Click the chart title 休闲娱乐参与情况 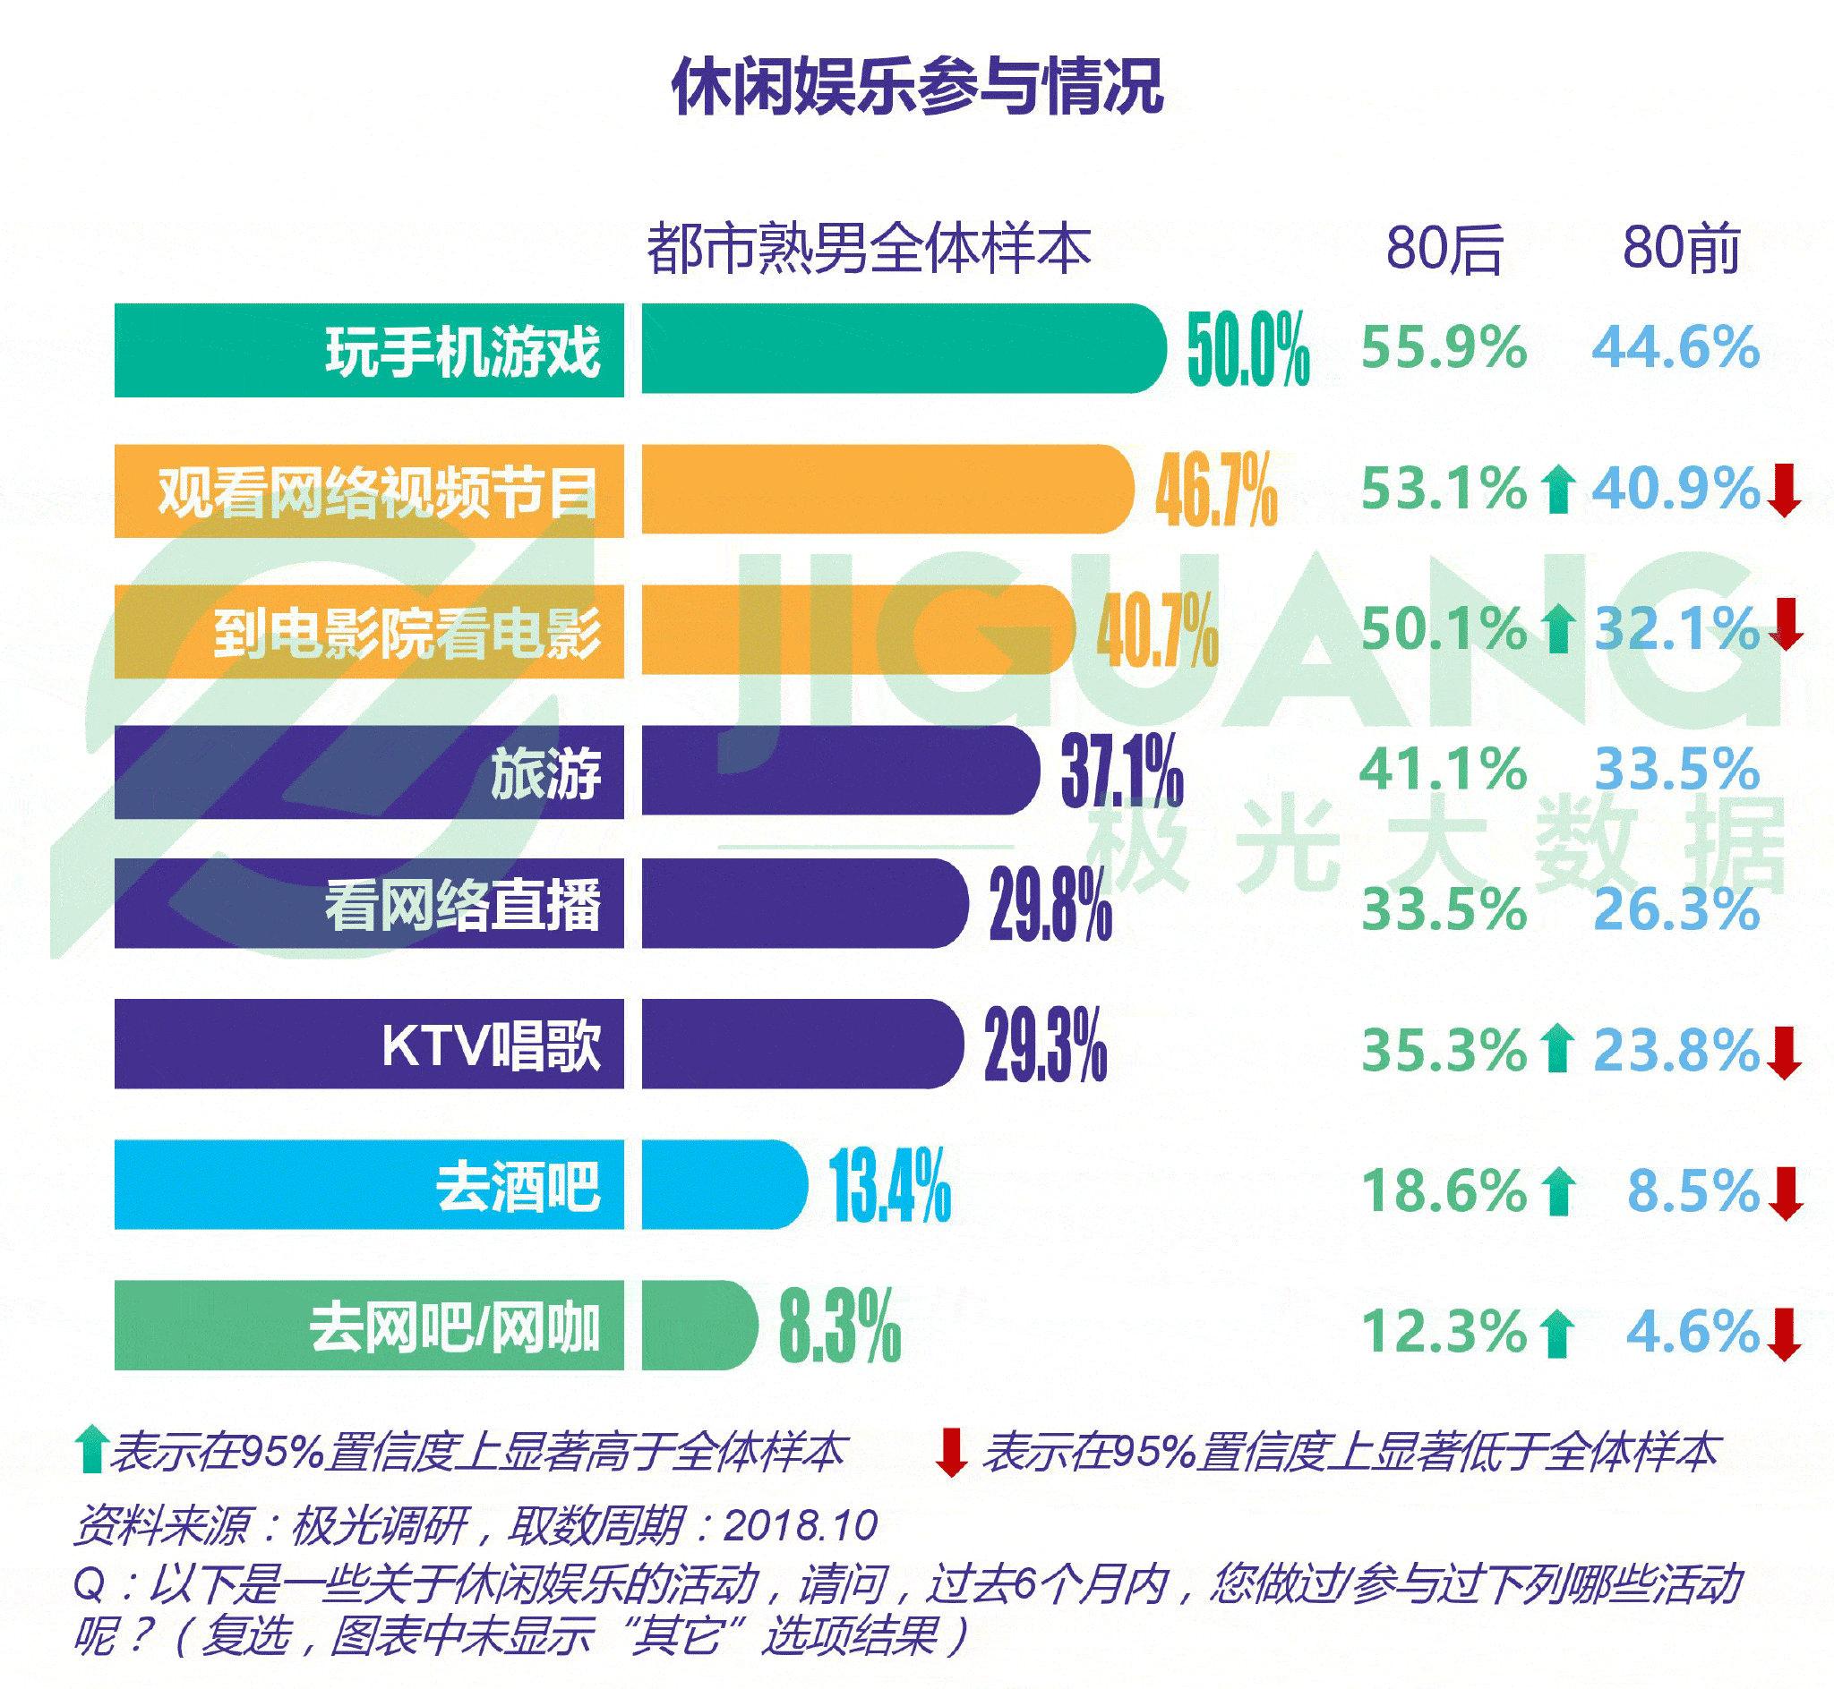(917, 87)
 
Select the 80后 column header (1444, 249)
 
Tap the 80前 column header (1680, 249)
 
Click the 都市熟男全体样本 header (869, 249)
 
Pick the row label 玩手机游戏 (463, 351)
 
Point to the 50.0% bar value (1248, 351)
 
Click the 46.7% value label (1216, 492)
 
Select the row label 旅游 (545, 773)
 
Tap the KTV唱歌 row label (491, 1045)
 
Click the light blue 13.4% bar (724, 1184)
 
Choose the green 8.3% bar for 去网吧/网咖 (699, 1326)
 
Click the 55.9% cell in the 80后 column (1444, 348)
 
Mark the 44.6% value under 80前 (1675, 348)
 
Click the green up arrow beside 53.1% (1557, 490)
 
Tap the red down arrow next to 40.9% (1785, 490)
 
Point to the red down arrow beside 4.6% (1785, 1335)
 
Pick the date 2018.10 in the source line (801, 1524)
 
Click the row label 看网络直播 (463, 905)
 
